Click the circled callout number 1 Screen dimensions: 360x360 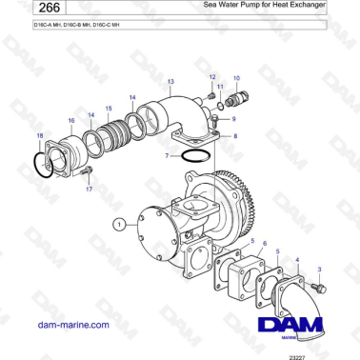pyautogui.click(x=118, y=225)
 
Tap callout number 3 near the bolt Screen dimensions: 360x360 pyautogui.click(x=318, y=245)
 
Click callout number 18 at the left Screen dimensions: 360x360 pyautogui.click(x=39, y=136)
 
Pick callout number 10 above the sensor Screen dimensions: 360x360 pyautogui.click(x=236, y=76)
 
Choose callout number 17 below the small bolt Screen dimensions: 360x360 pyautogui.click(x=90, y=190)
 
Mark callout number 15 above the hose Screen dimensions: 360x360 pyautogui.click(x=108, y=109)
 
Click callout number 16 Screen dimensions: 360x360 pyautogui.click(x=71, y=121)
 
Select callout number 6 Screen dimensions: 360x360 pyautogui.click(x=264, y=244)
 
